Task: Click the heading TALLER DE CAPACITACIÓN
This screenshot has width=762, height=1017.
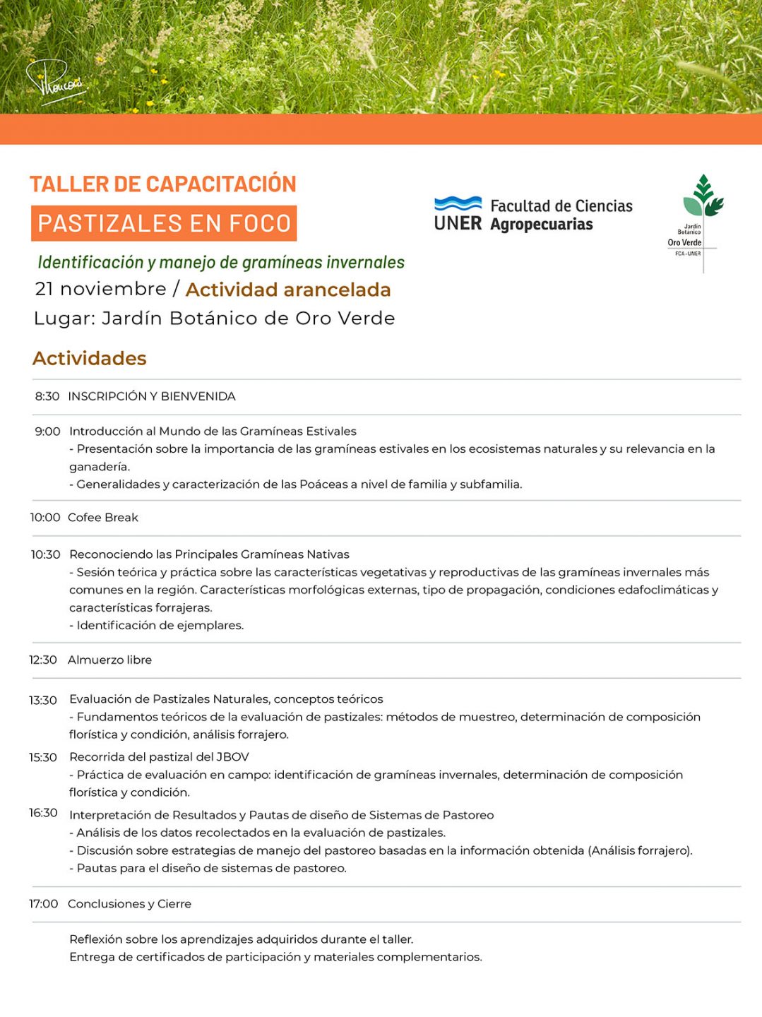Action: click(163, 184)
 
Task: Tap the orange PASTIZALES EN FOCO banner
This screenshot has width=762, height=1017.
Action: click(164, 223)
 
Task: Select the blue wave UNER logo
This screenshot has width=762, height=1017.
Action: click(458, 213)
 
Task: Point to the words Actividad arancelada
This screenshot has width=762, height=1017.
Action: click(288, 290)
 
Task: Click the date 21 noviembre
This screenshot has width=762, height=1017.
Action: click(100, 289)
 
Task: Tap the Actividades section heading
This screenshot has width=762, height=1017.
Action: click(90, 358)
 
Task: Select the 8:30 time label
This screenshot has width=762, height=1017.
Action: click(47, 396)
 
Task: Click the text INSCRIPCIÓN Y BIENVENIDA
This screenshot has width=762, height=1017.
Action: click(152, 396)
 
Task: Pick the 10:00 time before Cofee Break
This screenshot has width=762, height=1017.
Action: click(45, 518)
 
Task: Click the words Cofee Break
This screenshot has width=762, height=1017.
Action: click(103, 518)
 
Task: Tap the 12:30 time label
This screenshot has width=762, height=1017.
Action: click(43, 660)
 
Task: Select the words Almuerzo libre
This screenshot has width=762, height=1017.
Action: click(109, 660)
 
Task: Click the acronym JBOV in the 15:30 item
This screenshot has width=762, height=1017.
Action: click(232, 757)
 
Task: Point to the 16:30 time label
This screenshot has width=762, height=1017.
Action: click(43, 813)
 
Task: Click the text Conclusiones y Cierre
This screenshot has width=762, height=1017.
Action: click(129, 904)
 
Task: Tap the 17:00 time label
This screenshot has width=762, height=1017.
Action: click(43, 904)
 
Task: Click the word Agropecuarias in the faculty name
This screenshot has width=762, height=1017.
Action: click(542, 225)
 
